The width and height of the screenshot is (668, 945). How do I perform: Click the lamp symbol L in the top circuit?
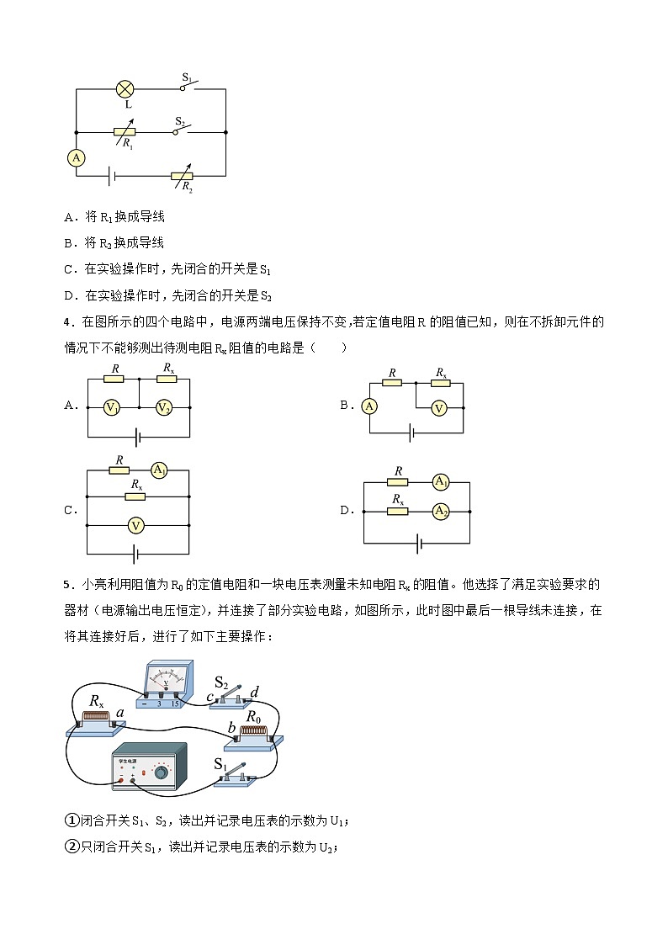[125, 88]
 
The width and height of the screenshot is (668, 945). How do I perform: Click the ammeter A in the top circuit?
[77, 157]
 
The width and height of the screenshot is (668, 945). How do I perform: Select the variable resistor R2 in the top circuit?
[182, 175]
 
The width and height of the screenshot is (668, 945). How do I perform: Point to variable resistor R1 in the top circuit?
[124, 132]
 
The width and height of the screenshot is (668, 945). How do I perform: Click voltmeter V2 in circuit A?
[164, 407]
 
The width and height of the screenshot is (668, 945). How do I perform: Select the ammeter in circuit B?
[368, 406]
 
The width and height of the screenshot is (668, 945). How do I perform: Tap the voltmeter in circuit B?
[437, 407]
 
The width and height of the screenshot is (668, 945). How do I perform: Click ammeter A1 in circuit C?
[159, 470]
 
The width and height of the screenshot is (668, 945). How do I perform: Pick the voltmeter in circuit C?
[135, 525]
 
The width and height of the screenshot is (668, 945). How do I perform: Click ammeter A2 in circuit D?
[440, 511]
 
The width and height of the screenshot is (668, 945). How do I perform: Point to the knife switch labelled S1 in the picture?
[235, 775]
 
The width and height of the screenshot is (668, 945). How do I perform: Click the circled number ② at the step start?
[72, 847]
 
